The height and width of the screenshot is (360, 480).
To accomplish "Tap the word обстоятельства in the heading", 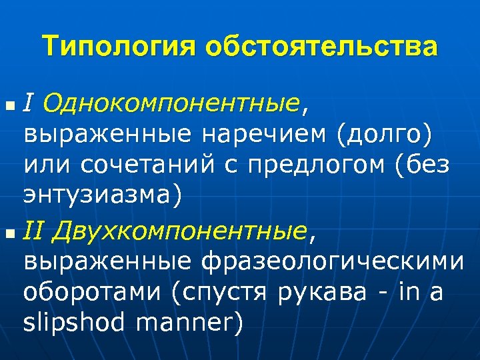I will [321, 47].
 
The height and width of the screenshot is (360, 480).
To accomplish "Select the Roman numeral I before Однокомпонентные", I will [28, 103].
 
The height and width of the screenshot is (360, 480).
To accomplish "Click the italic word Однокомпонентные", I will [169, 105].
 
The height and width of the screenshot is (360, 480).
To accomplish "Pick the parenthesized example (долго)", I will [385, 135].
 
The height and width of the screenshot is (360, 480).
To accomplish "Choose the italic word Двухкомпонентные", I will [179, 232].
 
